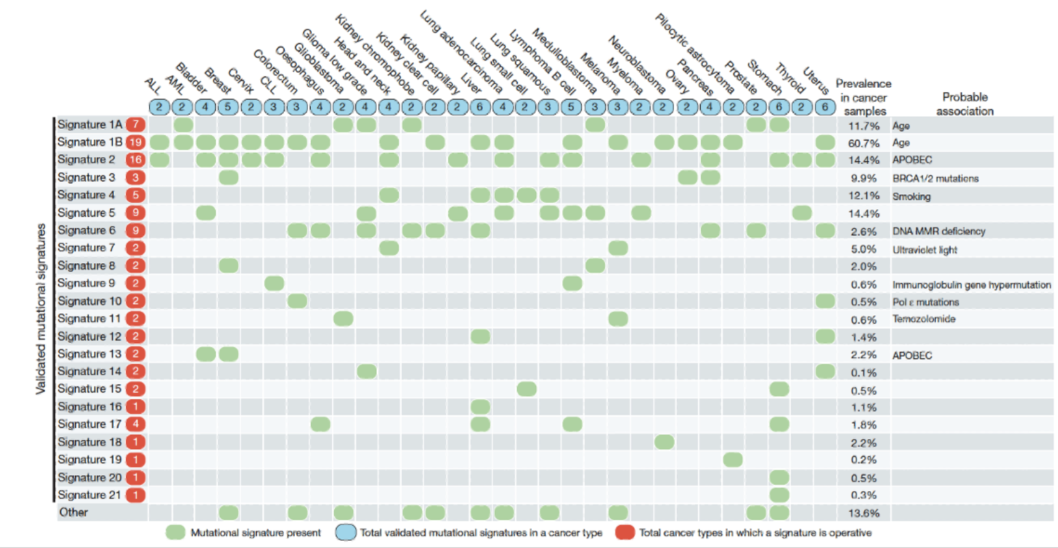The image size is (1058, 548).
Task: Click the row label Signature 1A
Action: [90, 125]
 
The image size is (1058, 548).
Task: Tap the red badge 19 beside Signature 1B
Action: [135, 142]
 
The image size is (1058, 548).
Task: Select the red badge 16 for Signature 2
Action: [135, 159]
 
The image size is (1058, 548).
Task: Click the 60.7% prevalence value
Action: [864, 143]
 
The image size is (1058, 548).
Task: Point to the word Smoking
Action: [911, 197]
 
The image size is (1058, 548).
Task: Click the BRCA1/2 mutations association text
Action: [935, 179]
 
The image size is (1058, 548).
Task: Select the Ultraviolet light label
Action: [925, 250]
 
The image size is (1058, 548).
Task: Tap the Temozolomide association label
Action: [923, 319]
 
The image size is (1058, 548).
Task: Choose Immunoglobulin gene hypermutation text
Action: [971, 285]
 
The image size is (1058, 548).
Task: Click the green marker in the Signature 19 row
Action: [732, 460]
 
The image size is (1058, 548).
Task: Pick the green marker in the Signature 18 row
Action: [664, 442]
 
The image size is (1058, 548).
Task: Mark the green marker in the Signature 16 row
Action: [480, 407]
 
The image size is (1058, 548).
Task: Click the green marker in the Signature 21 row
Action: [779, 495]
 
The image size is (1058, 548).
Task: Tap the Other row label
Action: [73, 512]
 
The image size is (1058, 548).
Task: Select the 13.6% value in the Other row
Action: [864, 513]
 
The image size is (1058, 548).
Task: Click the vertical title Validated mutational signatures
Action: [41, 308]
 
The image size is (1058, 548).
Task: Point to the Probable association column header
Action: [964, 104]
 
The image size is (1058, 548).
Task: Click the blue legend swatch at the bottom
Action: [345, 533]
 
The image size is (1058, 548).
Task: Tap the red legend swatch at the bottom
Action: [625, 533]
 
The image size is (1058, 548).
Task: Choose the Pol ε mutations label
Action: [925, 302]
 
